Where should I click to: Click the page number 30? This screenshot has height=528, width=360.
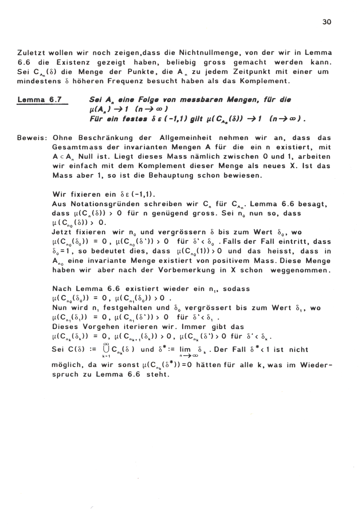tap(327, 22)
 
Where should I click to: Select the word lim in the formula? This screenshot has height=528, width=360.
tap(185, 349)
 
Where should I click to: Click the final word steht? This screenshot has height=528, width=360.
tap(158, 374)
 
